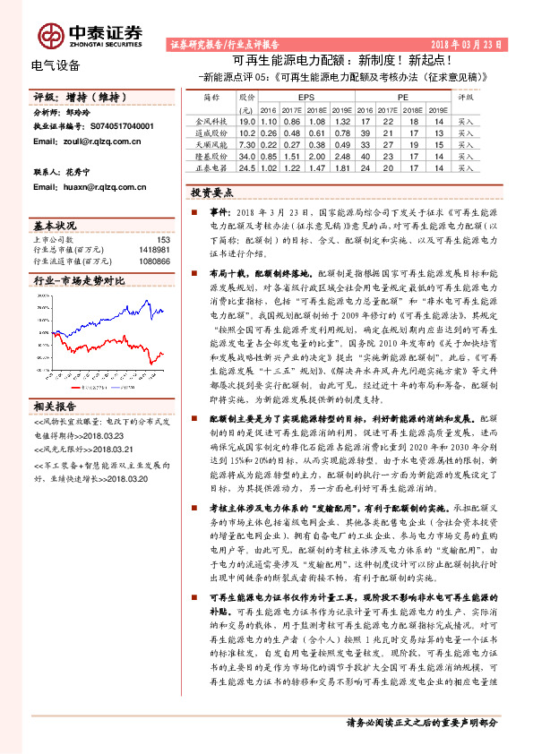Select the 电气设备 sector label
[56, 64]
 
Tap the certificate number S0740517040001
[116, 127]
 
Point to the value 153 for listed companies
[163, 239]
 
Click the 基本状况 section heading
[55, 225]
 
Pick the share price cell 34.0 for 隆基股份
[248, 154]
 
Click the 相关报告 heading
[54, 406]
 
